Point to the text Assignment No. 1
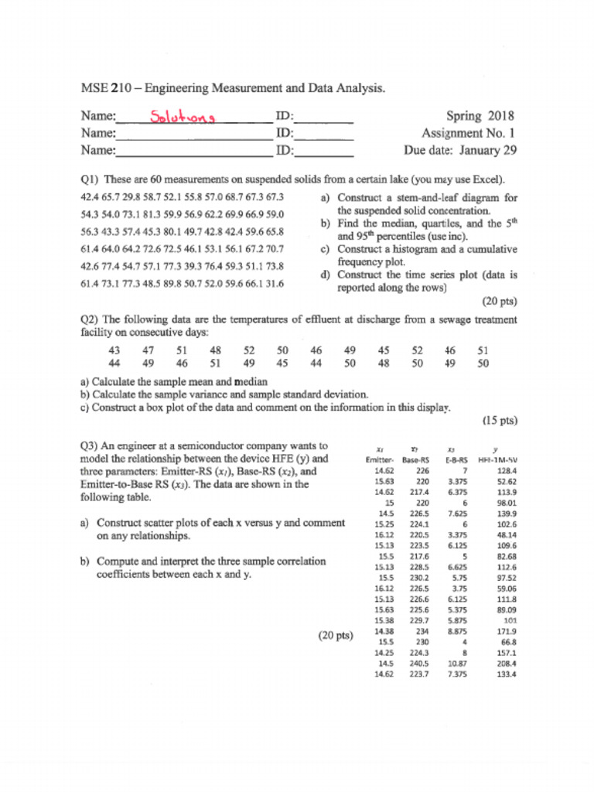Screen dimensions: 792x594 coord(469,133)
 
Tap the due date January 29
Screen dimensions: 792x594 coord(487,150)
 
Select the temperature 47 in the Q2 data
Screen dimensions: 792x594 coord(148,350)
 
